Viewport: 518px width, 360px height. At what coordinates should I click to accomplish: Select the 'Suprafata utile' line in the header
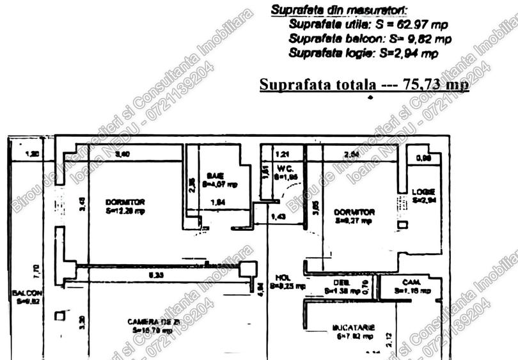tap(368, 25)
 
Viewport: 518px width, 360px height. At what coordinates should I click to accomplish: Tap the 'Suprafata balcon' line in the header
tap(370, 40)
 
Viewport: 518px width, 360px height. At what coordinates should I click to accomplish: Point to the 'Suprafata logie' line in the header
tap(363, 54)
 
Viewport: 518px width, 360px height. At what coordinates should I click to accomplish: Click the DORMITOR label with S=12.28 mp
tap(125, 206)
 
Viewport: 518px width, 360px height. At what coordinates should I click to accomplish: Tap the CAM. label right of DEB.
tap(411, 286)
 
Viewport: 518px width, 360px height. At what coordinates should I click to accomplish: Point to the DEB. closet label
tap(340, 286)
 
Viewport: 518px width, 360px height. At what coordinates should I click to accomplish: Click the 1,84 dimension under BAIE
tap(218, 203)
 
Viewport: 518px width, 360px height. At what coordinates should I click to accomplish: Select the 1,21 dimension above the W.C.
tap(281, 154)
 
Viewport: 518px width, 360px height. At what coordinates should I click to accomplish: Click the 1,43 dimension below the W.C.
tap(279, 218)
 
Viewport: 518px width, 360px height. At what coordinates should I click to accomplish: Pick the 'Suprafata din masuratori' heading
tap(340, 10)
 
